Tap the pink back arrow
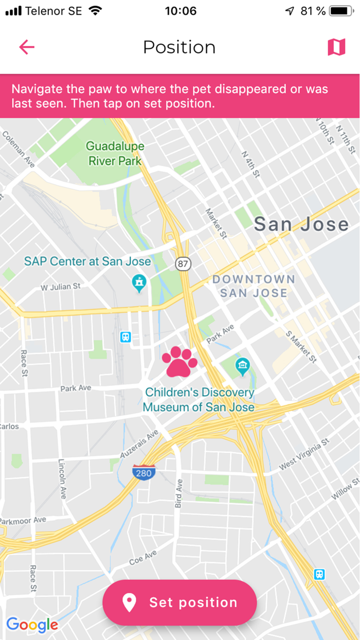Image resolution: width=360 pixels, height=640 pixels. [x=27, y=47]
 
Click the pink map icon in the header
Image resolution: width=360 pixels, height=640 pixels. [x=336, y=47]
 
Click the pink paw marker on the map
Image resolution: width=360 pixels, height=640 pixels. [x=179, y=362]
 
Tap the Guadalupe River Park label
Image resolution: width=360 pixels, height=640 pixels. [x=115, y=153]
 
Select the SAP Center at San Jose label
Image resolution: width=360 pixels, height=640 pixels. [x=87, y=261]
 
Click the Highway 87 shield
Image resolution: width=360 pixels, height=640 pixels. [x=183, y=264]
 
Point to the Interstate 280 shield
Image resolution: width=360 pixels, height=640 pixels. [x=143, y=472]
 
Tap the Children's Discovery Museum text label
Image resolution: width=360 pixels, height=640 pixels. [x=199, y=400]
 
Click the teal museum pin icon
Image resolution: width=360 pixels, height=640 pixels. [x=242, y=367]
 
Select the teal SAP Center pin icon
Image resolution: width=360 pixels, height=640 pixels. [x=139, y=282]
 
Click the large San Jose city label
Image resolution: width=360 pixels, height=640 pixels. [x=301, y=224]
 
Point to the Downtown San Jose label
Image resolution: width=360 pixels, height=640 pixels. [x=254, y=286]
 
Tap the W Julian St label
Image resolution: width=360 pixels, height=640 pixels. [x=61, y=286]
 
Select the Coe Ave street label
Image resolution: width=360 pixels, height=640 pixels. [x=143, y=558]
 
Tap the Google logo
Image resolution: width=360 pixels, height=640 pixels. [x=32, y=625]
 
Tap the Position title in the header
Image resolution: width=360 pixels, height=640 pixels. [x=179, y=47]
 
